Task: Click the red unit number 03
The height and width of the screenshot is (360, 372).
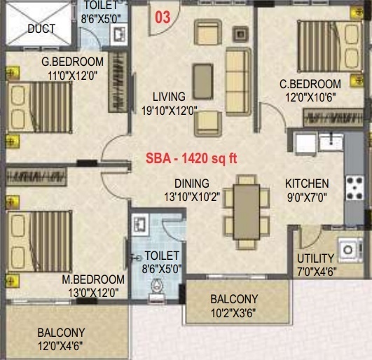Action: [162, 18]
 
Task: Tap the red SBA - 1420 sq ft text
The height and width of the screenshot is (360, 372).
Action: [191, 158]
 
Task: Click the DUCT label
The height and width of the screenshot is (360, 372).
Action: [41, 29]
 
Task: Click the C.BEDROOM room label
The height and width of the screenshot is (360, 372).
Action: [310, 84]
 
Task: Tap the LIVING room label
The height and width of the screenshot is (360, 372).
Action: [170, 97]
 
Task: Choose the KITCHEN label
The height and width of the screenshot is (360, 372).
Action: [306, 184]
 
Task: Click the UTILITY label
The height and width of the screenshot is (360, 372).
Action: [315, 258]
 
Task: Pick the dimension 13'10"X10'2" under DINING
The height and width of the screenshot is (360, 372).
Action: [192, 197]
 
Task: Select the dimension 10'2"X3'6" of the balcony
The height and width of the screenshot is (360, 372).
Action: [234, 312]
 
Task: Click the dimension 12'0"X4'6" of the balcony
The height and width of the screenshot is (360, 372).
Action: [61, 345]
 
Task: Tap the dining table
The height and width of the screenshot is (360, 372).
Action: [245, 209]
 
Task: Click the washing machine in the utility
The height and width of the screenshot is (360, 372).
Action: [347, 249]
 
